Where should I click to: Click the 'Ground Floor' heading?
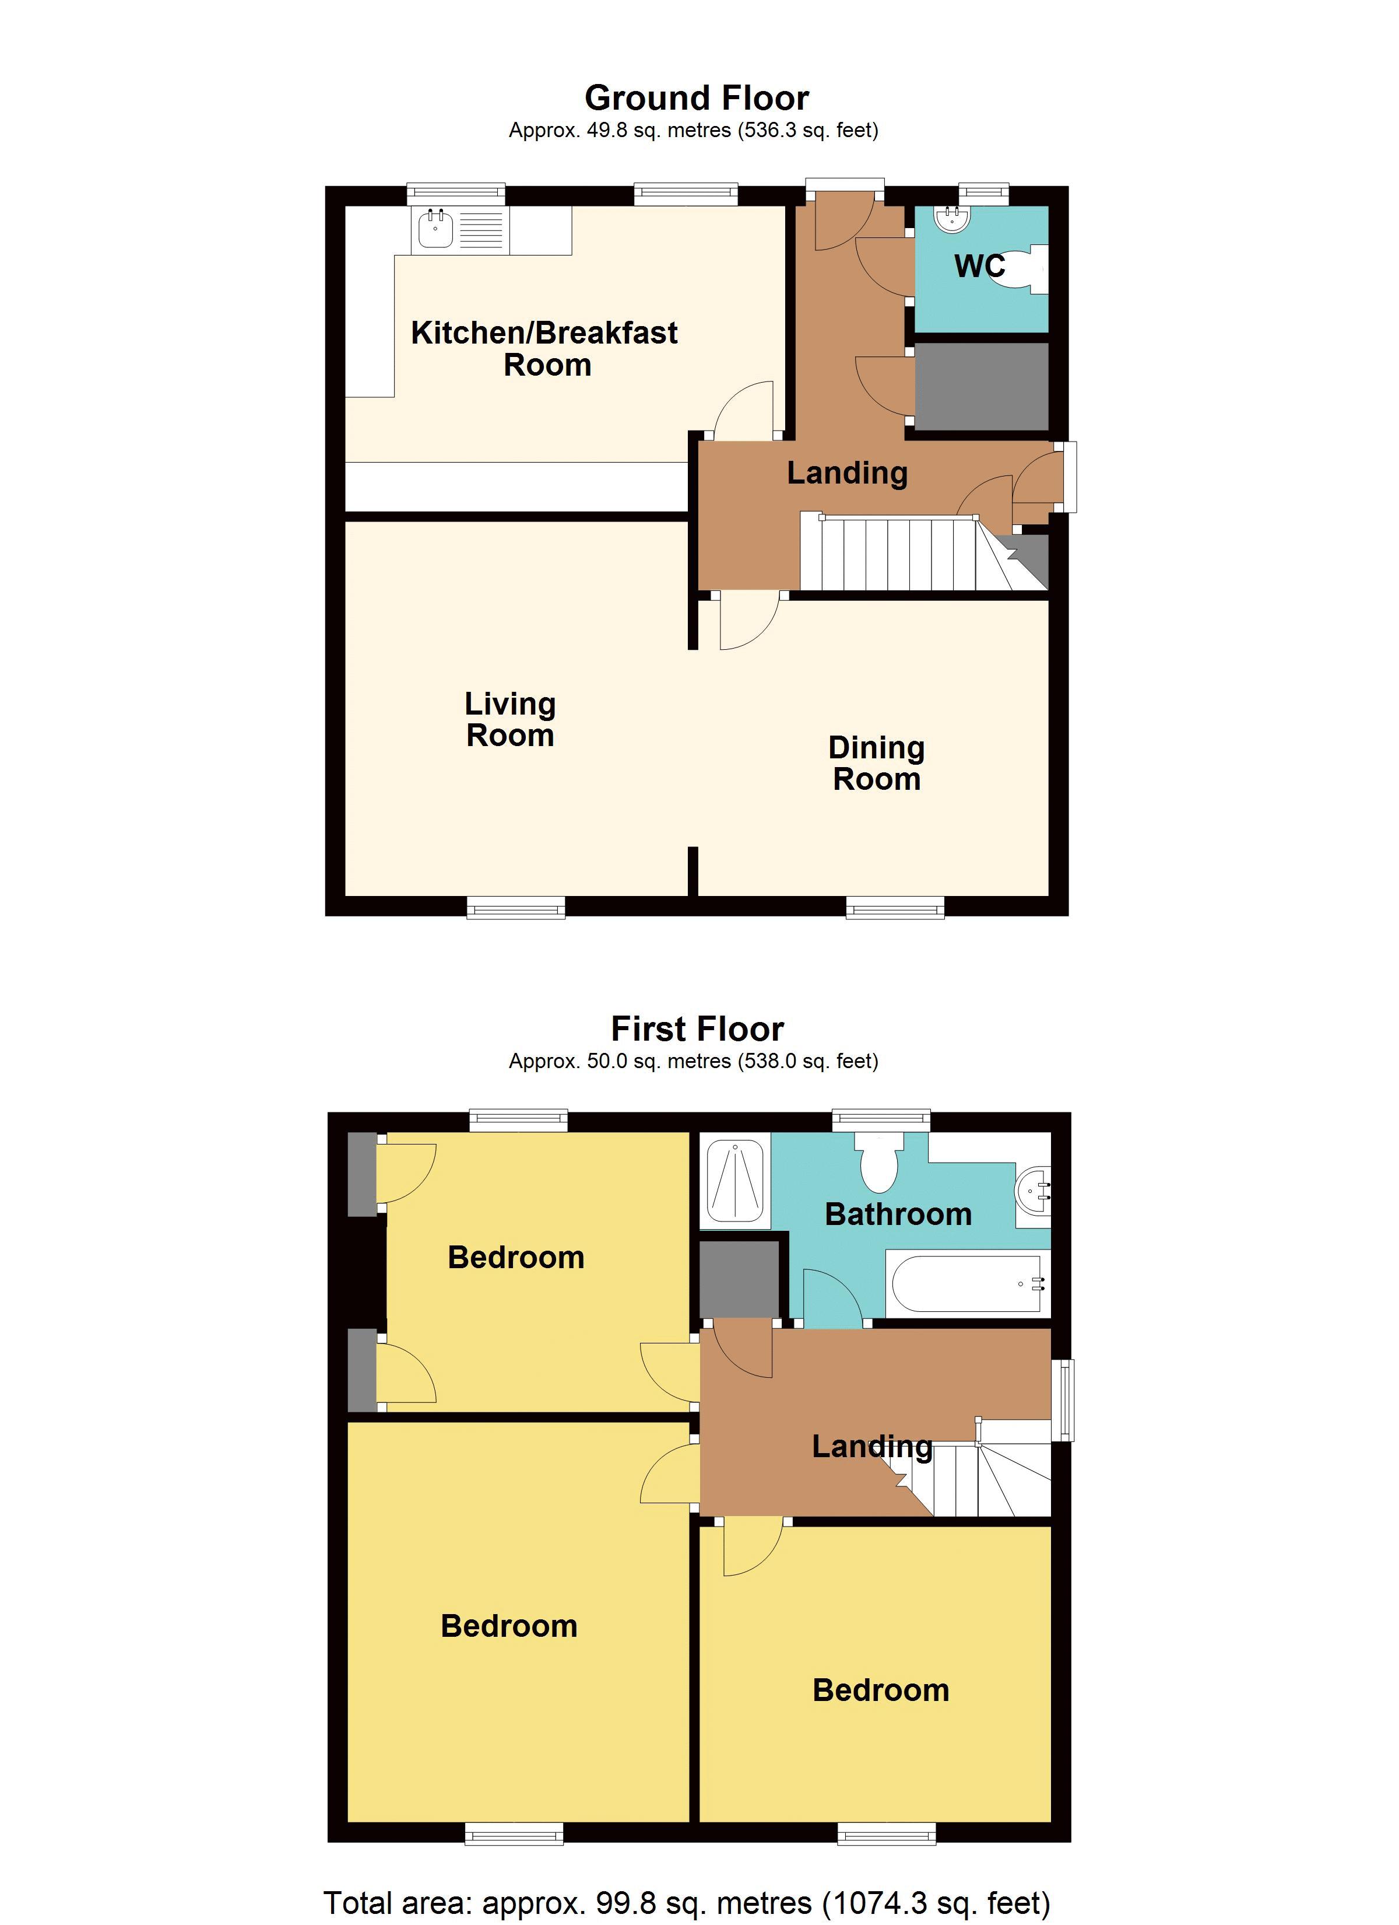tap(697, 99)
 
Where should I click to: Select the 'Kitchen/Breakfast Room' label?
tap(544, 348)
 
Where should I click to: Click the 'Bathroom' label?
tap(898, 1214)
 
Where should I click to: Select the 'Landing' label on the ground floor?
tap(847, 473)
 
